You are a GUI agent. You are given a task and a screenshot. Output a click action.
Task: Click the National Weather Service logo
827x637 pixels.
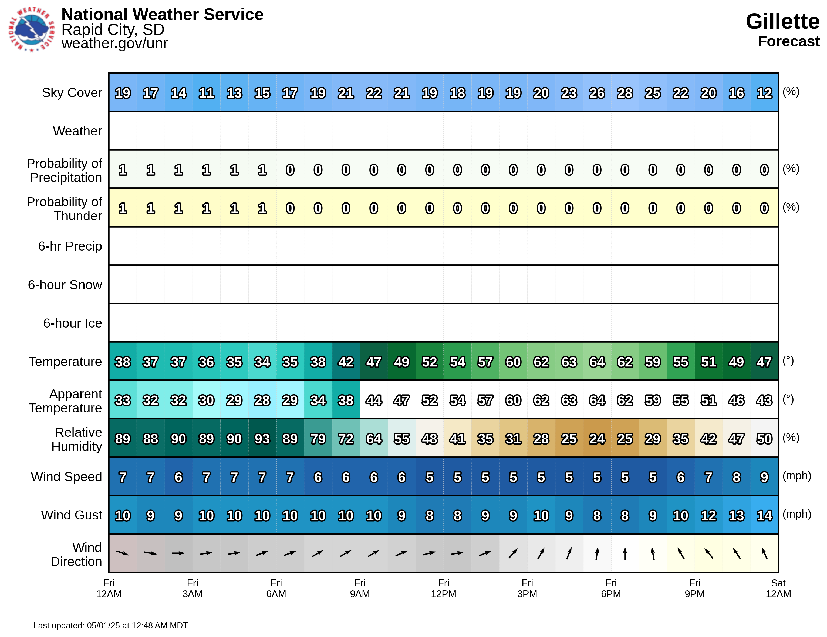click(x=32, y=29)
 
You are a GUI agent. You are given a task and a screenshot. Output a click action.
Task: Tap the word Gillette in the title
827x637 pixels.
click(x=782, y=21)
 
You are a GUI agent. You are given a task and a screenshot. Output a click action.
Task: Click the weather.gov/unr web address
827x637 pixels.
click(x=114, y=43)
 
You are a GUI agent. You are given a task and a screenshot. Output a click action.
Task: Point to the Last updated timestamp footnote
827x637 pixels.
click(x=111, y=625)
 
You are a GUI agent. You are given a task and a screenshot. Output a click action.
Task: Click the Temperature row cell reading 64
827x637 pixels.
click(x=597, y=362)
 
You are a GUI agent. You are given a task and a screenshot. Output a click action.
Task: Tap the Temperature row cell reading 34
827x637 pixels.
click(x=262, y=362)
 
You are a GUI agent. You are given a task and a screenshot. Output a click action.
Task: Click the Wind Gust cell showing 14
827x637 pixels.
click(x=764, y=515)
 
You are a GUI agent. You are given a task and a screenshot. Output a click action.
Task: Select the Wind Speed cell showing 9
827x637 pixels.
click(x=764, y=477)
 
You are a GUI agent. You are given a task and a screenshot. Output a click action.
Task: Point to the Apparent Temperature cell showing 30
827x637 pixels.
click(x=206, y=400)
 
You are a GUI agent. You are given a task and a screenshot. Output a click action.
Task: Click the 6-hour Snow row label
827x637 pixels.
click(x=65, y=285)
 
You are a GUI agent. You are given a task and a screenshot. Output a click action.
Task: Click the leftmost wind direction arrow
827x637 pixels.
click(x=123, y=553)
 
